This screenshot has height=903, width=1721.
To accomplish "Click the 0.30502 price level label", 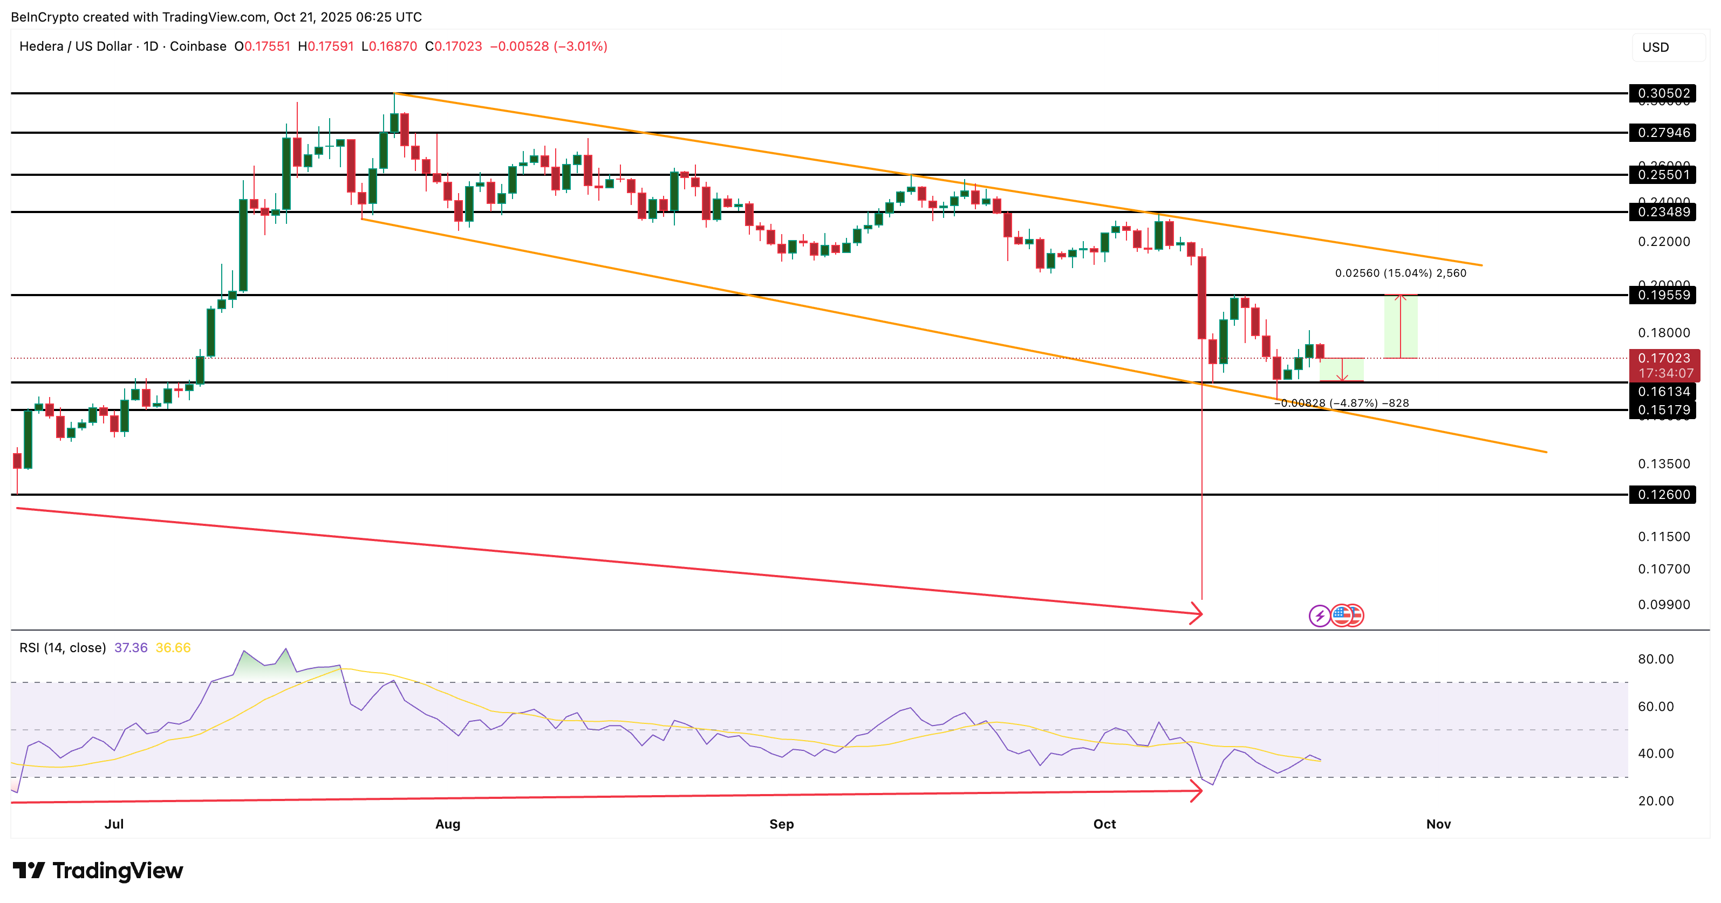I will pos(1663,93).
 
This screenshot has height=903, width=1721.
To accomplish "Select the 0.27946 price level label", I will pos(1663,133).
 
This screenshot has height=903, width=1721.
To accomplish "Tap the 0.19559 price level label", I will pos(1663,295).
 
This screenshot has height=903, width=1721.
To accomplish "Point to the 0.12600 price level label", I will pos(1663,495).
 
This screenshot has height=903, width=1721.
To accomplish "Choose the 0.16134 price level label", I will pos(1663,392).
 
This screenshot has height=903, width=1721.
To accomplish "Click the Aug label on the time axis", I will pos(448,824).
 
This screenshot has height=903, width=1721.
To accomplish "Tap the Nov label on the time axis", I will pos(1438,824).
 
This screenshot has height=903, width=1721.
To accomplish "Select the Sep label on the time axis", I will pos(782,824).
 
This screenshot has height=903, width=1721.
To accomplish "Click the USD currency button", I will pos(1656,47).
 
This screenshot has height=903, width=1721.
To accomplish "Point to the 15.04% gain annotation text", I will pos(1401,273).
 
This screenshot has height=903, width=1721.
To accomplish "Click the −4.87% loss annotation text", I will pos(1342,403).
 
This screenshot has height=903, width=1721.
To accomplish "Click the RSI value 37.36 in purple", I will pos(131,648).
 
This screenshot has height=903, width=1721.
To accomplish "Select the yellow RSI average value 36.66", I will pos(173,648).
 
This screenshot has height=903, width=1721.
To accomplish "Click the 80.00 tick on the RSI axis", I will pos(1656,659).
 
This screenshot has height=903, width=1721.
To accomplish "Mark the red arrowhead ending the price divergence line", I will pos(1198,612).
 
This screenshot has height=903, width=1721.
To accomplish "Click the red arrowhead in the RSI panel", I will pos(1198,791).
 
